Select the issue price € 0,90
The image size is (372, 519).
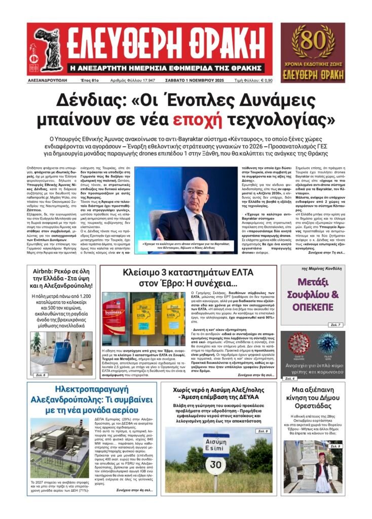(334, 81)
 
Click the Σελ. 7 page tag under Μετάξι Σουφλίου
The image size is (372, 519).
(336, 324)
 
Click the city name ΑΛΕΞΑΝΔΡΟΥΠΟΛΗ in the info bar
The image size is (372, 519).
(49, 81)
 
